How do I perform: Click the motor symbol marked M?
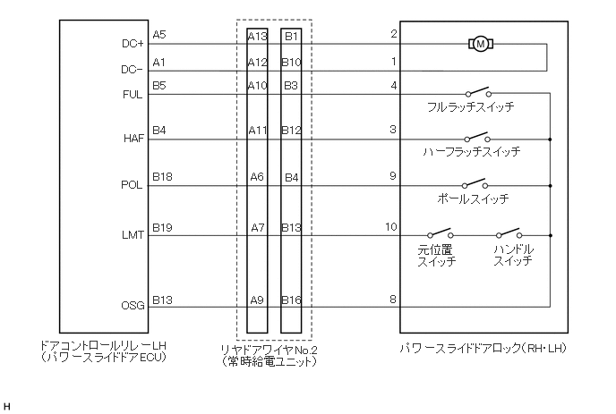(480, 43)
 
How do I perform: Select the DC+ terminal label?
(133, 43)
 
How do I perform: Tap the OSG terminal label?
(133, 306)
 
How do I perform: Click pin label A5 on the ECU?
(159, 35)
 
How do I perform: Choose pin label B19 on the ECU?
(162, 227)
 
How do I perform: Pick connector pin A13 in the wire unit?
(258, 37)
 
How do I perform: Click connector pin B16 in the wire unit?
(292, 300)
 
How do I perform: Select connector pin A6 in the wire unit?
(258, 177)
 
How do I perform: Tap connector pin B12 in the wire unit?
(292, 131)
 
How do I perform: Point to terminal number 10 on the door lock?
(390, 227)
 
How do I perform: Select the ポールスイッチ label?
(474, 199)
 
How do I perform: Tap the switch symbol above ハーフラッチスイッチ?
(476, 138)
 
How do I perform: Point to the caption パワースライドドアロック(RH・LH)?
(483, 347)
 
